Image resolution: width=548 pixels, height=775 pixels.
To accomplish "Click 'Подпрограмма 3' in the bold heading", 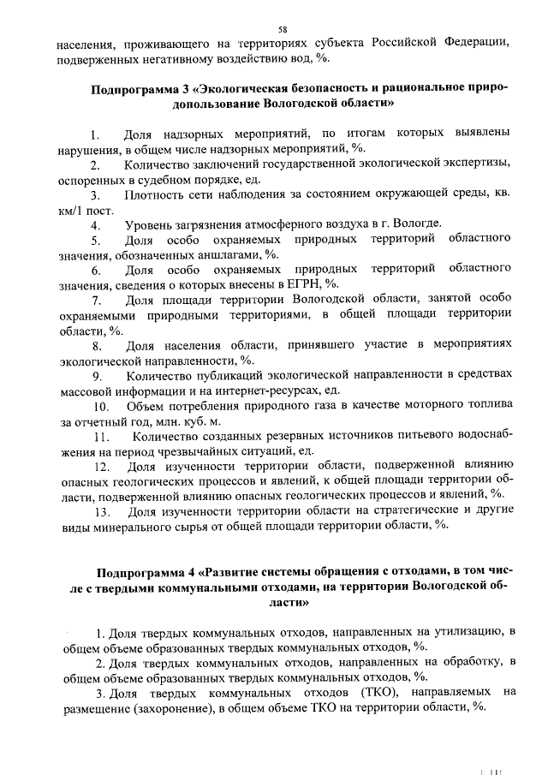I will (x=140, y=88).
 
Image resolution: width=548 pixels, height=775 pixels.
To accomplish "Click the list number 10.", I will (x=101, y=406).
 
